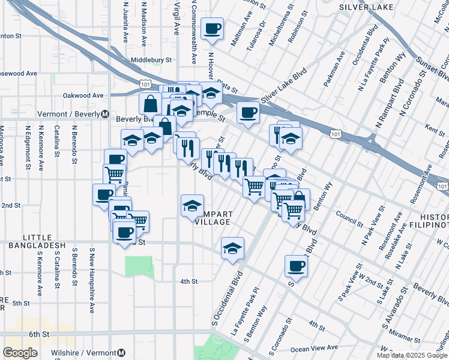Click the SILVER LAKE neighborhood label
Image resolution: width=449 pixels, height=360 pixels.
tap(366, 7)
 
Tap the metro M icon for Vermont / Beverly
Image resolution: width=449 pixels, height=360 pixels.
tap(104, 114)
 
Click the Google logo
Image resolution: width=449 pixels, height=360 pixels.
tap(20, 352)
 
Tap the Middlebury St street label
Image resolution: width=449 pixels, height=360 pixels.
tap(151, 60)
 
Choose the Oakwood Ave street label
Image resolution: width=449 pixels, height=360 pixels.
tap(83, 95)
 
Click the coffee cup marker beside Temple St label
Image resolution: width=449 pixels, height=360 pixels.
tap(247, 113)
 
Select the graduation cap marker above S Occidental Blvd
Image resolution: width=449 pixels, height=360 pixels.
tap(232, 248)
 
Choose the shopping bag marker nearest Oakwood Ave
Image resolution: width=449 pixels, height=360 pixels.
tap(150, 103)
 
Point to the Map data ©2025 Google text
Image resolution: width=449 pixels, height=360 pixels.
tap(412, 355)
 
